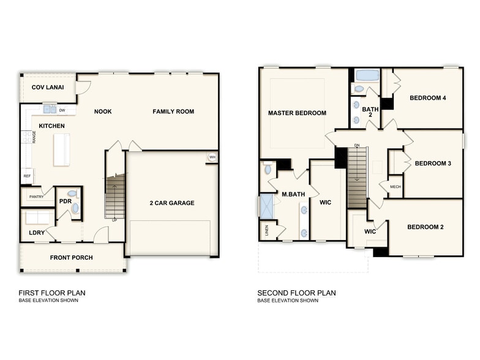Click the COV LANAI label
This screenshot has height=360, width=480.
[x=48, y=87]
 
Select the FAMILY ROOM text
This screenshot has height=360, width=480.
[x=173, y=111]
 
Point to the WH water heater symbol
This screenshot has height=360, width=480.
[x=212, y=157]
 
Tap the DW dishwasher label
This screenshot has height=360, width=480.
[x=62, y=110]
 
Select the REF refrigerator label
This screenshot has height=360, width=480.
[x=27, y=176]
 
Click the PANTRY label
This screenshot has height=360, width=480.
[x=36, y=197]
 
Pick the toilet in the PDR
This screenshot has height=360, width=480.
[x=75, y=208]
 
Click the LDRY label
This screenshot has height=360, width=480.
[x=36, y=233]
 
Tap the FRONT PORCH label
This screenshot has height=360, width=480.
[x=71, y=258]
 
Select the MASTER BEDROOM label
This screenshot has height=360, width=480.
[x=297, y=113]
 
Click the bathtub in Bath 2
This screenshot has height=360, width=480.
[x=367, y=77]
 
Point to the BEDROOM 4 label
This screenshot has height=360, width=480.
[x=428, y=98]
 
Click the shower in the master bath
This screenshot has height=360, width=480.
[x=267, y=206]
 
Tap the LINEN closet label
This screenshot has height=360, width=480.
[x=266, y=231]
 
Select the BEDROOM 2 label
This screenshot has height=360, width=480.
[x=426, y=227]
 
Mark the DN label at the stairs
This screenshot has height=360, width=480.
[x=356, y=146]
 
